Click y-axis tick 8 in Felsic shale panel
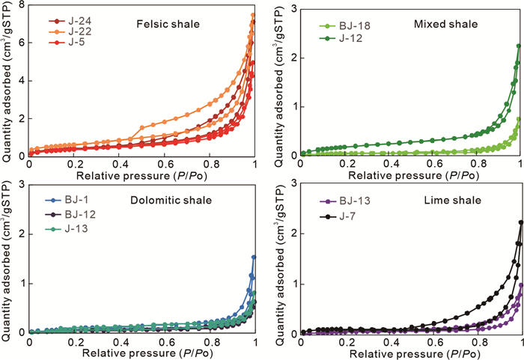(x=21, y=5)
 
